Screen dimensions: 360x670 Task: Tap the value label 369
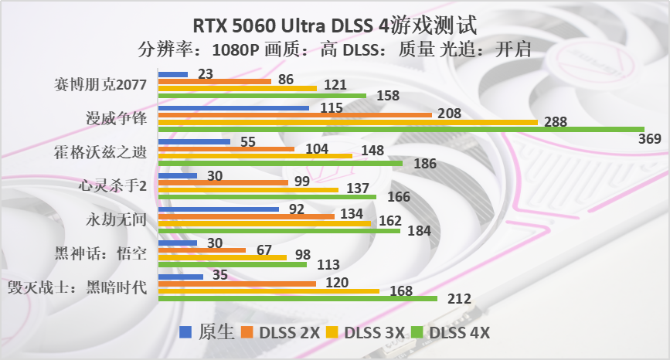click(649, 139)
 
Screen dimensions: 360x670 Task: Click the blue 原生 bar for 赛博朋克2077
click(173, 74)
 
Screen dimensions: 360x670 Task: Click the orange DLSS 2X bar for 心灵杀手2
click(223, 183)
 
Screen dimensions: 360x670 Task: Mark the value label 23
click(206, 74)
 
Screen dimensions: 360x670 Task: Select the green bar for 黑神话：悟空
click(233, 264)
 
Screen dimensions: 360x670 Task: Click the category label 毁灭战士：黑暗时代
click(77, 287)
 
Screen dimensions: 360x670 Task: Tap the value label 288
click(555, 122)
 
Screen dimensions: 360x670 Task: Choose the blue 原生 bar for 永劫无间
click(219, 209)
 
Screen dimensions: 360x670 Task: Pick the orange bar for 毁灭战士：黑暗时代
click(237, 283)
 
